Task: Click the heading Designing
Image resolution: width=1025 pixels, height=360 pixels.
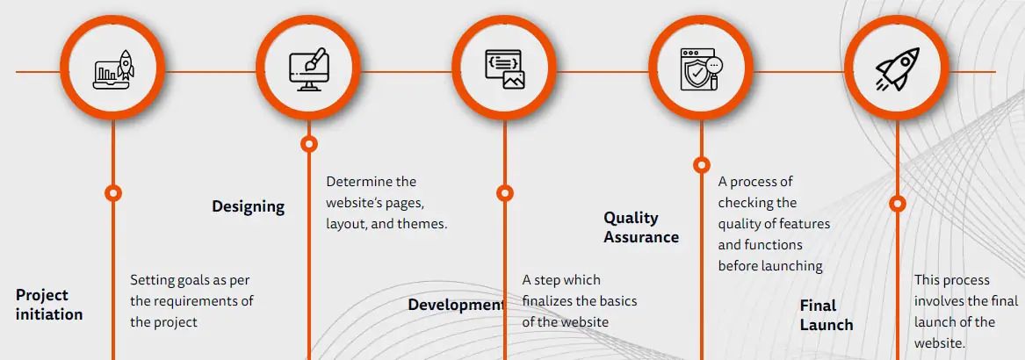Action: (x=248, y=207)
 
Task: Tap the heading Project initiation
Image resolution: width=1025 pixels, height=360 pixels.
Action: (x=49, y=305)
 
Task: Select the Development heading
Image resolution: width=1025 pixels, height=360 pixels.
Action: (x=456, y=306)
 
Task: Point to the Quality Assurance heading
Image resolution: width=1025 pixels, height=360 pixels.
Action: (x=641, y=227)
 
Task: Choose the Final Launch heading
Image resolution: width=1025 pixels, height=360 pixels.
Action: (x=826, y=315)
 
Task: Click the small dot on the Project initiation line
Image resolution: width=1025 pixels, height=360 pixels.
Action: (x=112, y=192)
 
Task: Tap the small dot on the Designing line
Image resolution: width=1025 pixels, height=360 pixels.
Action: (x=308, y=143)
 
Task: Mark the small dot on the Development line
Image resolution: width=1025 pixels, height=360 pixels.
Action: (x=504, y=192)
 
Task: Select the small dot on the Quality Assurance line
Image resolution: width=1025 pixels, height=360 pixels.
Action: (x=701, y=164)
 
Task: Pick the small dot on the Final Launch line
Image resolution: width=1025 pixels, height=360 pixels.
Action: (x=897, y=204)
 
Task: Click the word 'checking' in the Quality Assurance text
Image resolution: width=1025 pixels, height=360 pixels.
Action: (x=745, y=203)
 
